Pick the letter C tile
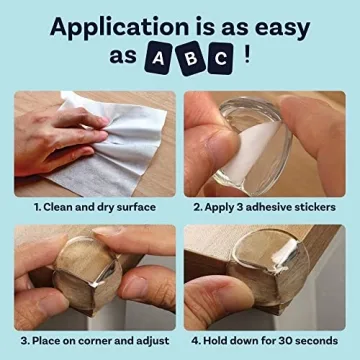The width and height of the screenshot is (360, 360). (221, 60)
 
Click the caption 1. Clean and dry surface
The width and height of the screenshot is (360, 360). (95, 207)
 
